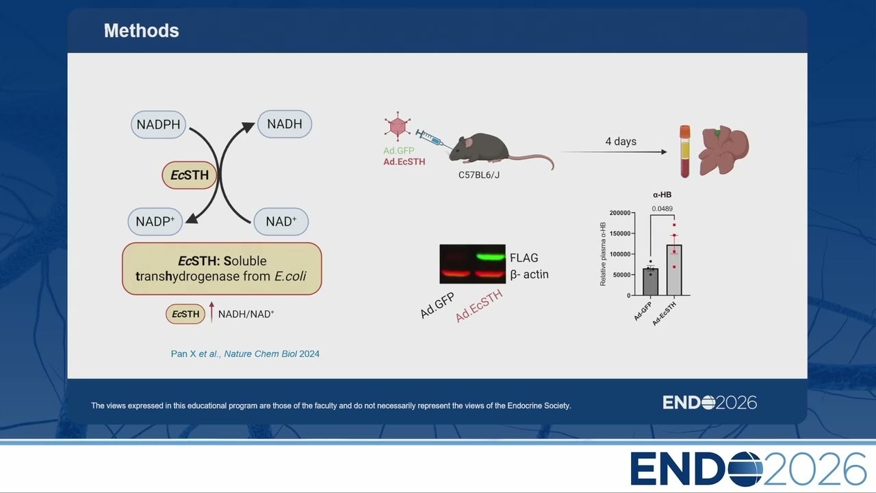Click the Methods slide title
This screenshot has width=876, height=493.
(141, 31)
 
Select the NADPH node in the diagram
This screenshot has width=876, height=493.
(158, 125)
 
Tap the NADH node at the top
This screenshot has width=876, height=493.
(285, 124)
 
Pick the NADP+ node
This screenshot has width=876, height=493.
(155, 221)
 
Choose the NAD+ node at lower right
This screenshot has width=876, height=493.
(281, 221)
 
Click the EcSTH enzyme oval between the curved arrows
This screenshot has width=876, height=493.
(190, 175)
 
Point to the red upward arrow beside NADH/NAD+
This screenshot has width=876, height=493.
(211, 312)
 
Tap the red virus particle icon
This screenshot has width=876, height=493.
(398, 126)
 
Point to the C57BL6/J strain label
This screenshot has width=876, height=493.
(479, 175)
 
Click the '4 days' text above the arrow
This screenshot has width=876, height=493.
(621, 141)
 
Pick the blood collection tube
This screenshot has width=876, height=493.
(685, 151)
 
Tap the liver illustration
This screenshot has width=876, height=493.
(724, 149)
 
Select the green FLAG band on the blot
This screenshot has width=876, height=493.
(491, 257)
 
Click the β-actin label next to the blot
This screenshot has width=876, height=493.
(529, 275)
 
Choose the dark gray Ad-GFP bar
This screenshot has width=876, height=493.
(650, 281)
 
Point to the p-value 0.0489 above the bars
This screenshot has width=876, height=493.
(662, 209)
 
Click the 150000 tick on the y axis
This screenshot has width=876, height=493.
(620, 233)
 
